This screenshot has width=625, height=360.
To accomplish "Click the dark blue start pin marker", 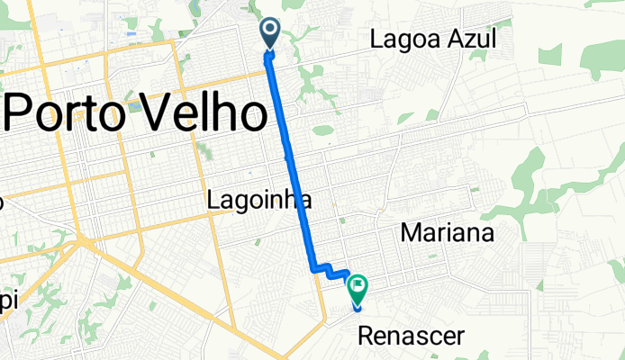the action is coord(270,34).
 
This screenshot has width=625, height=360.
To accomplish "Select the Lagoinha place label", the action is coord(259,199).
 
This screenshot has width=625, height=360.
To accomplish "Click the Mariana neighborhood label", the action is coord(448,234).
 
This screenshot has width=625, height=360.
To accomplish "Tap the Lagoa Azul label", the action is coord(433,38).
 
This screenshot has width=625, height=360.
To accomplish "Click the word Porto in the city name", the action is coord(67,113).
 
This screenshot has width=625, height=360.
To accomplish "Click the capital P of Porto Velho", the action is coord(22,113).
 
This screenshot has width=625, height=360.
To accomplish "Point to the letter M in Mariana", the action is coord(409,234).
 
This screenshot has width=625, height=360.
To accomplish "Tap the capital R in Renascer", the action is coord(365,337).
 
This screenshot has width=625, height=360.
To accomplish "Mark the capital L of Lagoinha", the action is coord(213,199).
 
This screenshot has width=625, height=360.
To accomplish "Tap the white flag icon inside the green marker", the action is coord(358,287).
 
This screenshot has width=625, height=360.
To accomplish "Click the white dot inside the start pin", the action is coord(270,31).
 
